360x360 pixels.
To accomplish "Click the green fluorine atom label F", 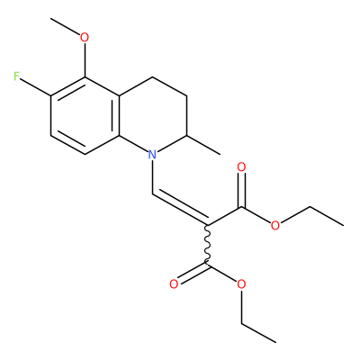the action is coord(17,76).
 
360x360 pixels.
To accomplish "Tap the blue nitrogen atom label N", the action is coord(153,155).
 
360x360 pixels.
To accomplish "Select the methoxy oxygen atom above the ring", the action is coord(85,38).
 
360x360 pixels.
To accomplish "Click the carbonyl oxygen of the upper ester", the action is coord(241,167).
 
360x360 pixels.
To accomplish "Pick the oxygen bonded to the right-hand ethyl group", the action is coord(274,225).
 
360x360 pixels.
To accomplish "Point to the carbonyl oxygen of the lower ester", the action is coord(174,283).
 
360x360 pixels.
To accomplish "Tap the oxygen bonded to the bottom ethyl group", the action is coord(241,283).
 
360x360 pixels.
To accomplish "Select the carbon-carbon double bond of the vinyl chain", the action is coord(180,208).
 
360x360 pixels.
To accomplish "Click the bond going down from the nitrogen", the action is coord(153,177).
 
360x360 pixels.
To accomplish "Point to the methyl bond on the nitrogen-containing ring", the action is coord(203,145).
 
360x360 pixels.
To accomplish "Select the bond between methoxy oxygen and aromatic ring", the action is coord(85,60).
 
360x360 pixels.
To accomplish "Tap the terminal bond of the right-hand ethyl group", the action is coord(327,215).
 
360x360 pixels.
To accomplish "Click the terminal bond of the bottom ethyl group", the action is coord(258,333).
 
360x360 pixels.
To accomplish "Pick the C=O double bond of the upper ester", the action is coord(241,190).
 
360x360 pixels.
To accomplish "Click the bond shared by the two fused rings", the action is coord(119,115).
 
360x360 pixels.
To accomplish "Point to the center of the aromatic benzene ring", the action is coord(85,115).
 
